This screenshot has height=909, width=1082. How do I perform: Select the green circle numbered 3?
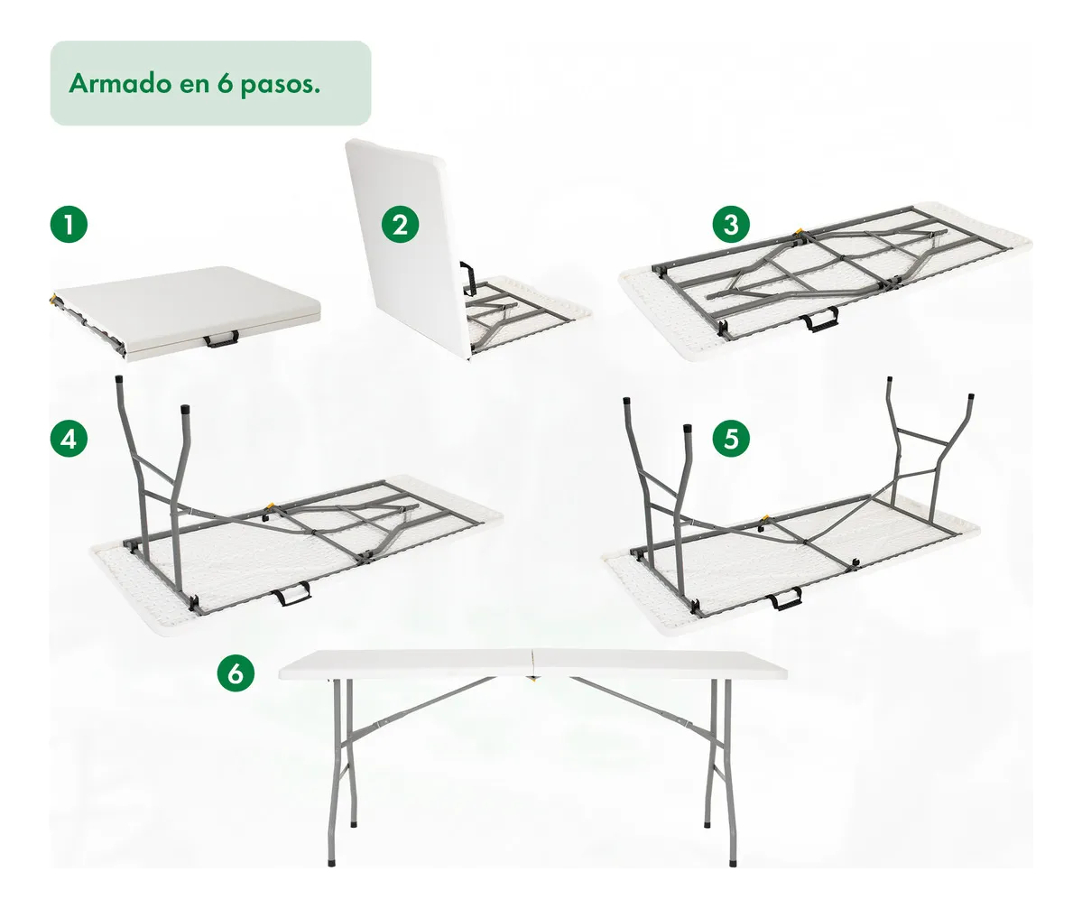point(732,224)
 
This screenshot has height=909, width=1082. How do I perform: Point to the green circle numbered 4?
point(69,439)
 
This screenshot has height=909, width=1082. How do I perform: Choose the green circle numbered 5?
point(732,439)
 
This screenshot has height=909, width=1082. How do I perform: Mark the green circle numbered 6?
point(236,672)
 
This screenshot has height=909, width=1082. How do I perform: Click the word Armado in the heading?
point(120,83)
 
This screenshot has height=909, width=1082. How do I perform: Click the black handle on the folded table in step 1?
point(221,339)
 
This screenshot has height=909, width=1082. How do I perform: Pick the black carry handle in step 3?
point(821,320)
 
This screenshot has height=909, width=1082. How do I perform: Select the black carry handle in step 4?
point(291,594)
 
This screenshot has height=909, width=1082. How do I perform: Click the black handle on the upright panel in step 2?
point(467,277)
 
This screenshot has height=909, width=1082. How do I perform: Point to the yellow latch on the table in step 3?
point(799,233)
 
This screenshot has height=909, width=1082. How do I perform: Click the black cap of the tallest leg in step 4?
point(118,380)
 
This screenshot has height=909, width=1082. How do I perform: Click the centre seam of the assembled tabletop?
point(532,662)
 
